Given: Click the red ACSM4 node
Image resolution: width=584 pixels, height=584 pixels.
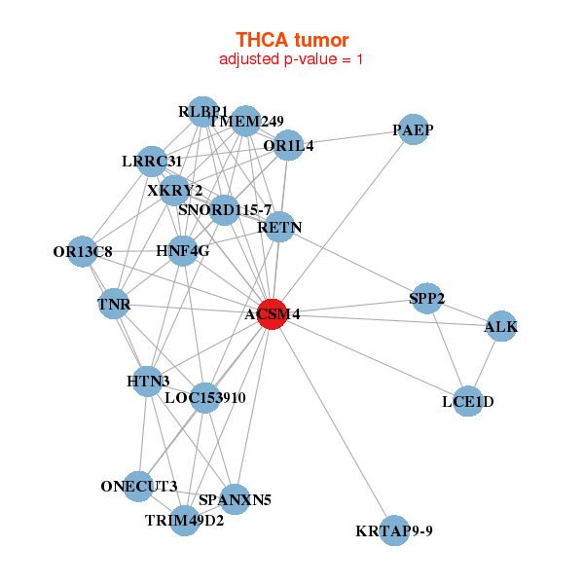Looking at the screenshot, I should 272,314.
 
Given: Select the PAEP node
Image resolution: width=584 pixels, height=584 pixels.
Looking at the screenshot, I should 414,130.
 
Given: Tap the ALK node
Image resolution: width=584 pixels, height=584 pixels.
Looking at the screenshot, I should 501,327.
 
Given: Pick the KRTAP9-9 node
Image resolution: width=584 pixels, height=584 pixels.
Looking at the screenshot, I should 394,530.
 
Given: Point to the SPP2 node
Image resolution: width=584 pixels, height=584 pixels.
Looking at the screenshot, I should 427,299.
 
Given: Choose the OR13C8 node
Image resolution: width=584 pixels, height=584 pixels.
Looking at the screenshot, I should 83,252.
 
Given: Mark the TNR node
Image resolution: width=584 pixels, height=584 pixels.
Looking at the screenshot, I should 114,304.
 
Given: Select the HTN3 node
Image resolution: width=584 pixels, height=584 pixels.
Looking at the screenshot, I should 148,381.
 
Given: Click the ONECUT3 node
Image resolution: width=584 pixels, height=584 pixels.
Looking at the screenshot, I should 139,486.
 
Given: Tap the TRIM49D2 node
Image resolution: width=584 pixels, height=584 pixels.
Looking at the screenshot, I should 185,520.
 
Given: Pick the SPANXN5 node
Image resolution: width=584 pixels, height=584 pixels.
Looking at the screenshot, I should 235,500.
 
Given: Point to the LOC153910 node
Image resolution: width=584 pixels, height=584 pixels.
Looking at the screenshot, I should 204,397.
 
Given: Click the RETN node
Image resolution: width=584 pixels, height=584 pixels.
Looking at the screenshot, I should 279,228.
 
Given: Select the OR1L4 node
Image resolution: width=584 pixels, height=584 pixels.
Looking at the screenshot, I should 288,147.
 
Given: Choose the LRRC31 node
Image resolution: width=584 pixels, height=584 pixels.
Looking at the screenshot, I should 152,161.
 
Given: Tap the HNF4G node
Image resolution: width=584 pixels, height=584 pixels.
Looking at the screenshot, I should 183,250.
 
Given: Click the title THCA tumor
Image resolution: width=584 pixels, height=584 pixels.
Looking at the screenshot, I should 292,40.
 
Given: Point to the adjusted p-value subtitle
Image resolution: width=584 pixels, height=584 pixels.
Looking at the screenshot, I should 292,59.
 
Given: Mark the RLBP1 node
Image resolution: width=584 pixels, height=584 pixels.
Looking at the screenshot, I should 202,111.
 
